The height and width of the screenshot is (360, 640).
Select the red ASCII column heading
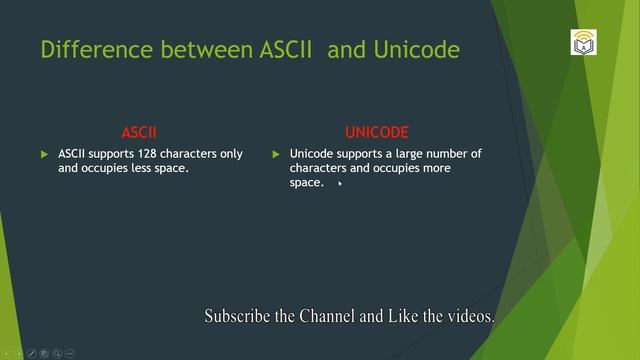pyautogui.click(x=139, y=132)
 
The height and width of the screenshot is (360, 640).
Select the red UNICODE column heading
pyautogui.click(x=377, y=132)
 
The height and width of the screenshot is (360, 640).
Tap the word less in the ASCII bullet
pyautogui.click(x=132, y=169)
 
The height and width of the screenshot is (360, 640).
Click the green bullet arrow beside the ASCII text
pyautogui.click(x=44, y=154)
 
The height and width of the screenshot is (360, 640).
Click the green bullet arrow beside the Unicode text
pyautogui.click(x=276, y=154)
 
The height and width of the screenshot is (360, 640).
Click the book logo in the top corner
pyautogui.click(x=583, y=43)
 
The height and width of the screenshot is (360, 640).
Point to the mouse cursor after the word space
pyautogui.click(x=340, y=183)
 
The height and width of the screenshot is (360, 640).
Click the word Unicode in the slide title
pyautogui.click(x=419, y=49)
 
